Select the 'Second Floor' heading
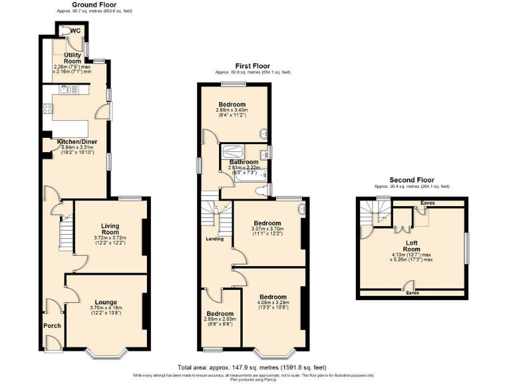[411, 180]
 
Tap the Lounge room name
[106, 302]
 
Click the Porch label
[52, 326]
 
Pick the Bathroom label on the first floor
[244, 162]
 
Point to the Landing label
[214, 239]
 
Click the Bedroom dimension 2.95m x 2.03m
[220, 320]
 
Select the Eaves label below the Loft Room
[412, 292]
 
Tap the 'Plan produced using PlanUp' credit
[255, 380]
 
